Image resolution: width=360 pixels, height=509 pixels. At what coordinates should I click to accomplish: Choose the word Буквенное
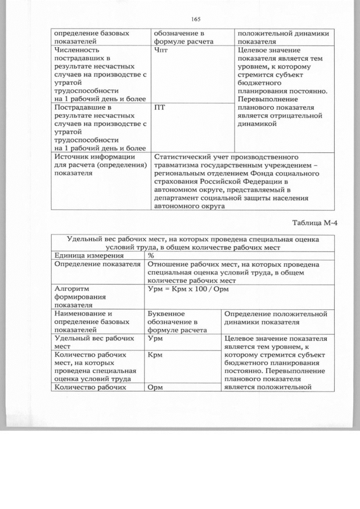click(x=167, y=313)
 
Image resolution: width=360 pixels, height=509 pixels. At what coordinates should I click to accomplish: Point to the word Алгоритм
click(x=72, y=289)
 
